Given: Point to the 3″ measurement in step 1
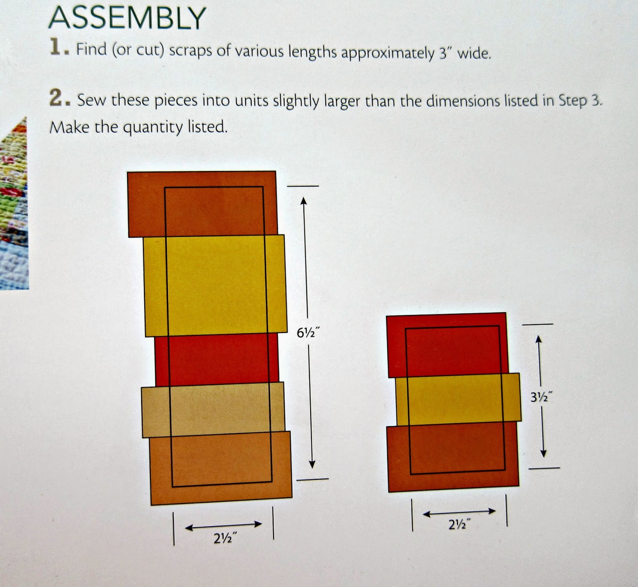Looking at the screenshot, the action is point(445,53).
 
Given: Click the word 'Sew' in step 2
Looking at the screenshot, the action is point(92,99).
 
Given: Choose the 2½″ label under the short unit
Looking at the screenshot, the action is point(459,524).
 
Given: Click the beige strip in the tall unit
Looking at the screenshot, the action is point(213,410).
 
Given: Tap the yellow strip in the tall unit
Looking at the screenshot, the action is point(215,285).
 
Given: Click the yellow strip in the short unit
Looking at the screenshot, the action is point(458,399).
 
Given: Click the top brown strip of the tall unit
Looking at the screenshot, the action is point(202,204).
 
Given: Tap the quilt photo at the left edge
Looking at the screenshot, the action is point(13,203).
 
